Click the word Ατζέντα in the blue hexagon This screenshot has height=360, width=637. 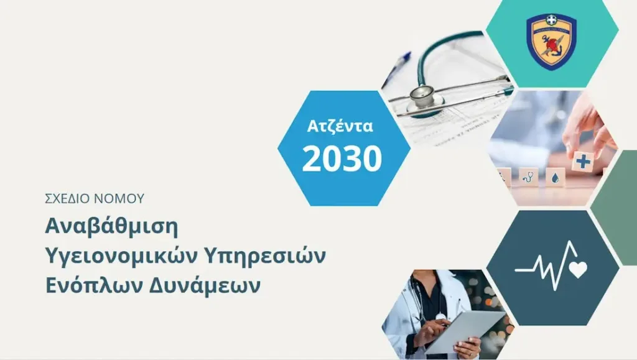(340, 126)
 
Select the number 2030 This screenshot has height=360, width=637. (342, 159)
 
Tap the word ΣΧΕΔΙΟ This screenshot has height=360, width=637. (67, 198)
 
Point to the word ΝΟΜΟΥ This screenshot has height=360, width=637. (119, 198)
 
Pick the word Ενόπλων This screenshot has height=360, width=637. (93, 286)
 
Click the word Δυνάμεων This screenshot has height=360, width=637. (204, 286)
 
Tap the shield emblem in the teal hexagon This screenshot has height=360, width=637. (551, 42)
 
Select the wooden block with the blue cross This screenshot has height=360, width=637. (583, 162)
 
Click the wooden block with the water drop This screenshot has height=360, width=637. (555, 177)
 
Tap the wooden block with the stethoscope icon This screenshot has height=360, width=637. (528, 177)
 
